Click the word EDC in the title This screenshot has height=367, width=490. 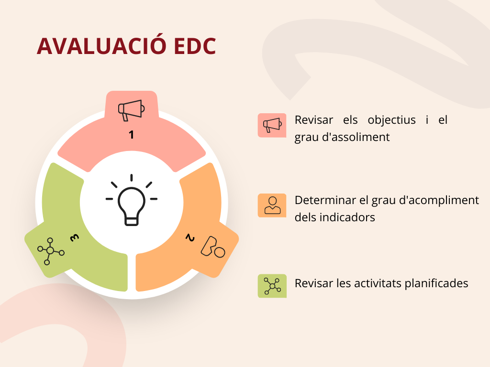tap(195, 46)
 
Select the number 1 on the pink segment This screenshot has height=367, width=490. tap(131, 134)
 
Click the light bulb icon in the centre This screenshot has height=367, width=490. tap(132, 200)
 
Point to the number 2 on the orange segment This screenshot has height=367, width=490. tap(190, 238)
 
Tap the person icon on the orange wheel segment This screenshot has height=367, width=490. tap(213, 247)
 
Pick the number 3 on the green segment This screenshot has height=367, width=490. tap(74, 238)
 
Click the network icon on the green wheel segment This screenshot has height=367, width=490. tap(51, 251)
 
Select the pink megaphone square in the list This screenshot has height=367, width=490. tap(272, 126)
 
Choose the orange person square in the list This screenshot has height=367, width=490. tap(272, 205)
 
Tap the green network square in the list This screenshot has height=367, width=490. tap(272, 286)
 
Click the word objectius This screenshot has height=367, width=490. tap(391, 120)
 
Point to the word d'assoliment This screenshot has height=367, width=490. tap(356, 137)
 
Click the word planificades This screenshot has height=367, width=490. tap(436, 283)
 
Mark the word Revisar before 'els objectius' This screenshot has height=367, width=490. tap(314, 120)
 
